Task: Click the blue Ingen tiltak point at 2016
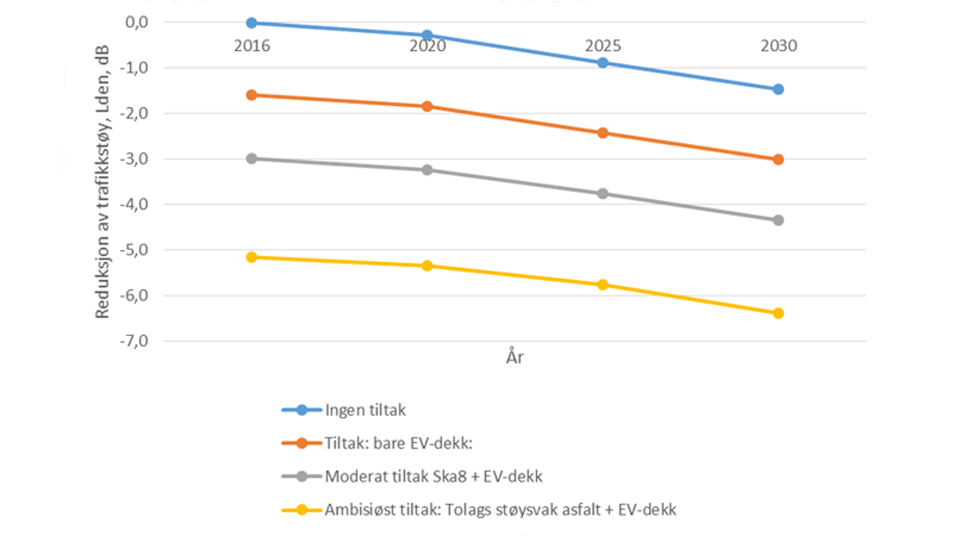coord(252,23)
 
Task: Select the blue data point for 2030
coord(778,89)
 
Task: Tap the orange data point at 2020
coord(427,106)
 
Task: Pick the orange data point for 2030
coord(778,159)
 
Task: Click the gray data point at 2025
coord(602,194)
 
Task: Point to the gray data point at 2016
coord(252,158)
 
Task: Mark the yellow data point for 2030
coord(778,313)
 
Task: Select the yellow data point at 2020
coord(427,266)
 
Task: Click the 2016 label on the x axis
coord(252,46)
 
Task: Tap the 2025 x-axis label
coord(602,46)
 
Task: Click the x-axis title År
coord(514,358)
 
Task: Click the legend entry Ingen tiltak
coord(365,410)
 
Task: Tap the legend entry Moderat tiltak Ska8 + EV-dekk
coord(433,476)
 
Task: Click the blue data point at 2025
coord(602,63)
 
